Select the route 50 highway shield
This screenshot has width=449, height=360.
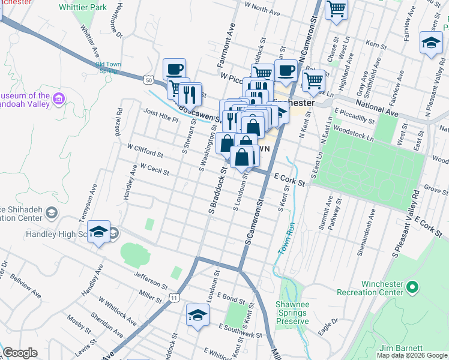(x=149, y=79)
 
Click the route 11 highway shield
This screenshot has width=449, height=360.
(x=173, y=298)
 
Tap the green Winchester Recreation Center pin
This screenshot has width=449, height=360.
(x=411, y=287)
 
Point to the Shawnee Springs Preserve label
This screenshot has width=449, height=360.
(x=292, y=313)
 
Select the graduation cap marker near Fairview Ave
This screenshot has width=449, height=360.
(x=430, y=43)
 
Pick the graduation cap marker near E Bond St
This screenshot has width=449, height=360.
(x=197, y=315)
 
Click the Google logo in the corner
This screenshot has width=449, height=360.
(x=20, y=353)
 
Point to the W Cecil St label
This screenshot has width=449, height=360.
(x=154, y=169)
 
